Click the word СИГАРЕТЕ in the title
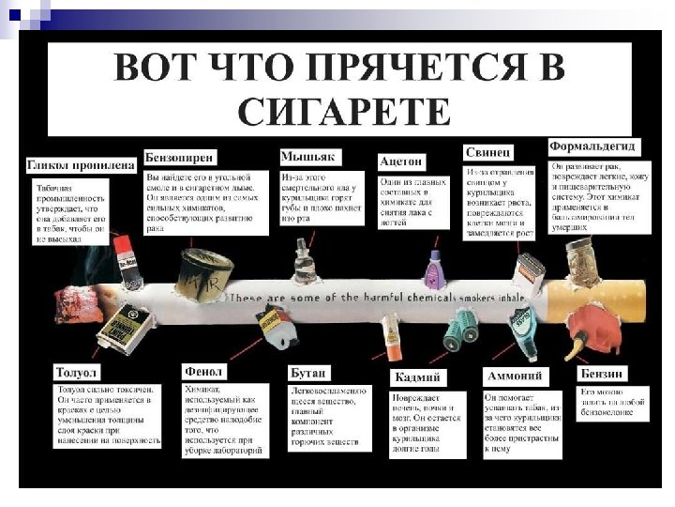(343, 111)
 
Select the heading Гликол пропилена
(82, 165)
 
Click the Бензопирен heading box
(184, 156)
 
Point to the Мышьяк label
(310, 155)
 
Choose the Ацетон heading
(402, 161)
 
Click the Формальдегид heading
(592, 147)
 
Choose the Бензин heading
(601, 373)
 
